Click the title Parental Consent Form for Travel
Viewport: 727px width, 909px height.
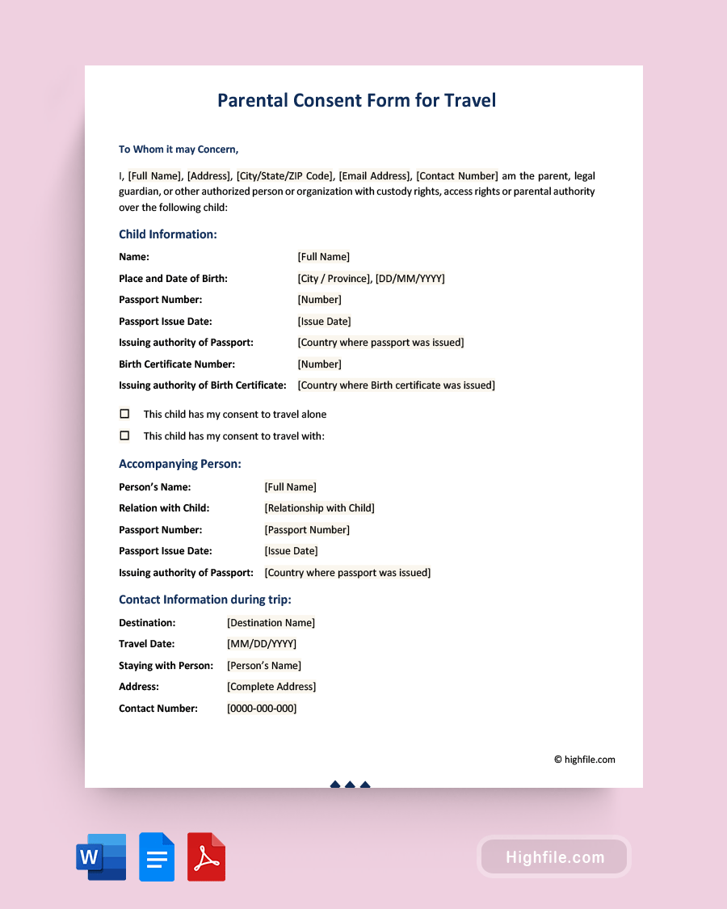[356, 100]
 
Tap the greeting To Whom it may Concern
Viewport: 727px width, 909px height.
[179, 149]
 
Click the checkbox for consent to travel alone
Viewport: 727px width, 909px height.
[124, 414]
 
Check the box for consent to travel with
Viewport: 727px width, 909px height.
[124, 436]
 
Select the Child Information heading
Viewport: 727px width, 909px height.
[168, 234]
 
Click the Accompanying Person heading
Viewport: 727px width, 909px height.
[180, 464]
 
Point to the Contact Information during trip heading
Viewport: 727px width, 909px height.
[205, 600]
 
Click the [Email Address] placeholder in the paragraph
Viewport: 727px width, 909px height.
[375, 176]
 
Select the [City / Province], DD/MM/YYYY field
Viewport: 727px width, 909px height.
[371, 279]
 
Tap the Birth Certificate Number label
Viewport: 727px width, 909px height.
[177, 364]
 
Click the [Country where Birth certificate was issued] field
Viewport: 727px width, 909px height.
[396, 385]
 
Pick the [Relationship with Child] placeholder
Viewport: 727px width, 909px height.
[319, 508]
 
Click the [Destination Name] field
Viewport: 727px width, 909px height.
[271, 623]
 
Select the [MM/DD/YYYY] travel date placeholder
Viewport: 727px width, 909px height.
[262, 644]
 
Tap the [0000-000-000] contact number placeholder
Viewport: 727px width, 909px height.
[262, 709]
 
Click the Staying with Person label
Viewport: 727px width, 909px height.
[166, 666]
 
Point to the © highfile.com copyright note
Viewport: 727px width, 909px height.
[584, 760]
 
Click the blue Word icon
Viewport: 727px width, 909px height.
[102, 856]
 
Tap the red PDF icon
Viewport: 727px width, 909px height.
[206, 856]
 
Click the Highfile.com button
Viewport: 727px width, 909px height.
[554, 857]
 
